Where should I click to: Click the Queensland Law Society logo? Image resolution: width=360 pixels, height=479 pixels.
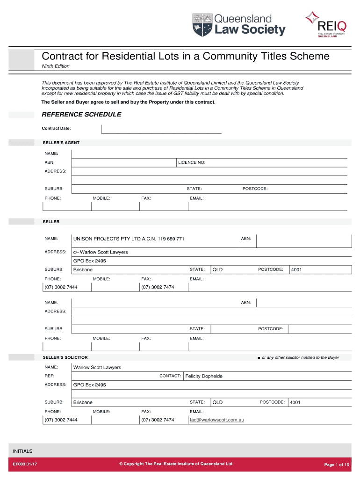point(238,24)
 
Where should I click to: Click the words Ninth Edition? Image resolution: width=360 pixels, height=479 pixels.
point(56,66)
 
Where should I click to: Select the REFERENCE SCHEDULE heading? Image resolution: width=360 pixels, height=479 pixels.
point(81,115)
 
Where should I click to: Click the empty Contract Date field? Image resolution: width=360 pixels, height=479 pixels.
point(161,129)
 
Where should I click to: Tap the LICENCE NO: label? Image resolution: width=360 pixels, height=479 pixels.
point(192,162)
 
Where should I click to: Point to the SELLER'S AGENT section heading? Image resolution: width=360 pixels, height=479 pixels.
point(61,142)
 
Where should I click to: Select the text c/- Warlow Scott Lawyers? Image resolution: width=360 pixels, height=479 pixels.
point(101,252)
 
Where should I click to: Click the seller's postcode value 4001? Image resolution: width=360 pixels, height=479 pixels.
point(296,270)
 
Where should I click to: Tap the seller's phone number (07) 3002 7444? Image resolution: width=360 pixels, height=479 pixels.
point(61,287)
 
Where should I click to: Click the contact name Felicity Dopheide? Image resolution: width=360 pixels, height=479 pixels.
point(204,376)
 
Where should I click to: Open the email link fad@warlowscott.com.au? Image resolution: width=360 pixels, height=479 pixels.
point(217,420)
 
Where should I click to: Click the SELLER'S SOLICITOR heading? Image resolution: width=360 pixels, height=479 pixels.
point(65,357)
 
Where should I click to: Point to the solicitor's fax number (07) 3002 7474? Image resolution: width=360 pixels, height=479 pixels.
point(158,420)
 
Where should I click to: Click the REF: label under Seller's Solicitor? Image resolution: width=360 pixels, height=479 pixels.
point(49,376)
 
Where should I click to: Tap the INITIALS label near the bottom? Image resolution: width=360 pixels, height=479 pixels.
point(23,451)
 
